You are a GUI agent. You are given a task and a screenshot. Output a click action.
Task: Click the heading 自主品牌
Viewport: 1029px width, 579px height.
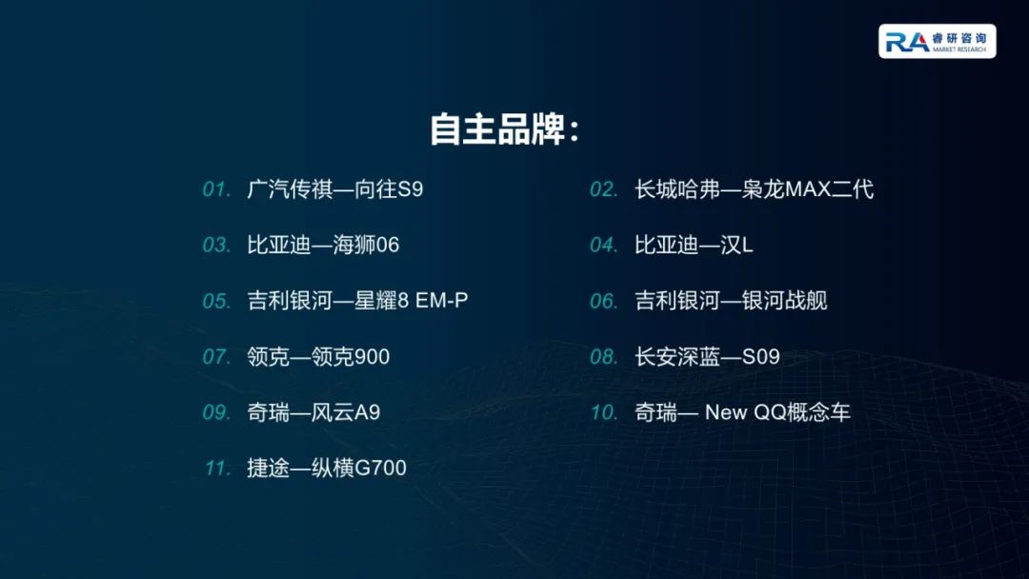tap(504, 130)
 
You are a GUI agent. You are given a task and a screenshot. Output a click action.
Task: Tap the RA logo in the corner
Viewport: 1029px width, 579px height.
tap(937, 41)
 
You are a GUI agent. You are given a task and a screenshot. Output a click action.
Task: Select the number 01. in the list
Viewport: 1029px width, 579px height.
tap(216, 190)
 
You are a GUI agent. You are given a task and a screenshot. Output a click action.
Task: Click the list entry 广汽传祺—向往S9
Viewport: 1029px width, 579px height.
tap(334, 190)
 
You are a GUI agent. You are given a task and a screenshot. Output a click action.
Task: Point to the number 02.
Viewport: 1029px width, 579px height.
tap(604, 190)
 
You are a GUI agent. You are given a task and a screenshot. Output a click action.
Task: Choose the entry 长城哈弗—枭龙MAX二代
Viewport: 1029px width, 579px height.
tap(754, 190)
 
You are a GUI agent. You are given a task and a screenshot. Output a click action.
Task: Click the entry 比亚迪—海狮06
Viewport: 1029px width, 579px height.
tap(323, 246)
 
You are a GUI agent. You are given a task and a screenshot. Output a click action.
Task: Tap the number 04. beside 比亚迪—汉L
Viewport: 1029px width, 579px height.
tap(604, 246)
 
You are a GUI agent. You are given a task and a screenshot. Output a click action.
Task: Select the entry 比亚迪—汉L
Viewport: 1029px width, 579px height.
tap(694, 246)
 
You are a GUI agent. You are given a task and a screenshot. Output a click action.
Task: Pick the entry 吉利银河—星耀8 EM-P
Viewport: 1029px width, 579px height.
tap(357, 301)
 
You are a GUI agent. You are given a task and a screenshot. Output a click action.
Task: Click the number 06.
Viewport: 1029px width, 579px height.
tap(604, 301)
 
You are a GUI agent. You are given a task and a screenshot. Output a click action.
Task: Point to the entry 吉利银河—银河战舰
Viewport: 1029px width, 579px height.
tap(731, 301)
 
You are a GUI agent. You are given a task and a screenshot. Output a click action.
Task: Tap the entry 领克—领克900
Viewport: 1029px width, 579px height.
tap(318, 357)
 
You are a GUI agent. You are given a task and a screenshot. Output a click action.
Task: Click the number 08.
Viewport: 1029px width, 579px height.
tap(604, 357)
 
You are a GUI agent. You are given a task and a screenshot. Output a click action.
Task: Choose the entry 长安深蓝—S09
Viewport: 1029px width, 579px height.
tap(707, 357)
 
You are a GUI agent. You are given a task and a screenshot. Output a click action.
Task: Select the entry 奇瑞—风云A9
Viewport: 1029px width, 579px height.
tap(313, 412)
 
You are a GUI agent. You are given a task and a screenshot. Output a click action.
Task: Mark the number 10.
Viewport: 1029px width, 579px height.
tap(604, 412)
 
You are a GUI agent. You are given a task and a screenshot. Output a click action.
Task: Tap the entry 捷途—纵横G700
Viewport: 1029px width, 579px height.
tap(327, 469)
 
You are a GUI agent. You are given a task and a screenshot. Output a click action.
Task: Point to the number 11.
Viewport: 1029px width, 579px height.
tap(218, 469)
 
